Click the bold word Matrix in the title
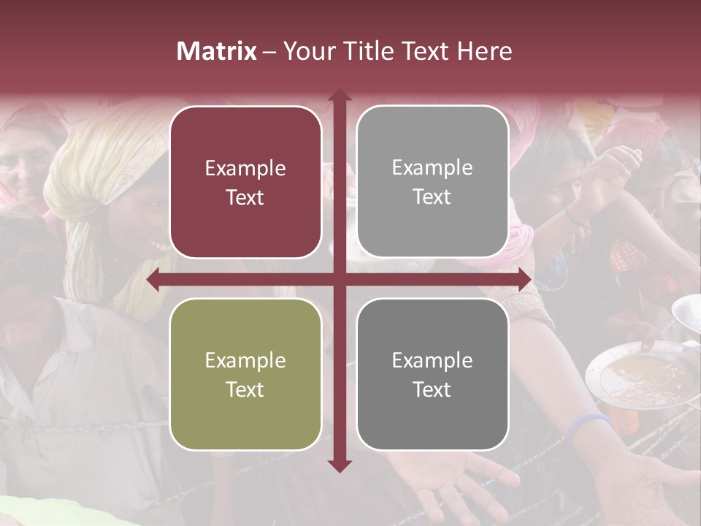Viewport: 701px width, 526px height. click(x=217, y=51)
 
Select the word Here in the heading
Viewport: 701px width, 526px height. click(x=485, y=51)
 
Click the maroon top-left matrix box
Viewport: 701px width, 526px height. click(x=245, y=182)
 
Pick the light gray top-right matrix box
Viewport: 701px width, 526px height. click(x=432, y=182)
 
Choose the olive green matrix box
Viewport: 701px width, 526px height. click(x=245, y=374)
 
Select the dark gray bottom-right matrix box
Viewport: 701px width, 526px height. click(x=432, y=374)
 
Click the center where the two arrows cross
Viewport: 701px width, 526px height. click(x=339, y=280)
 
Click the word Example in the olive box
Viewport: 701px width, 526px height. click(x=245, y=360)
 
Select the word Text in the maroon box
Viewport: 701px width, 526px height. click(x=245, y=197)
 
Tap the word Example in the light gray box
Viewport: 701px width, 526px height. click(x=432, y=167)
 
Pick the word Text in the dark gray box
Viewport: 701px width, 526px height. click(x=432, y=389)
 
